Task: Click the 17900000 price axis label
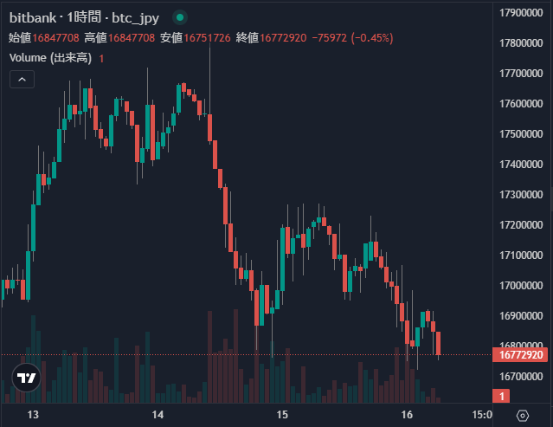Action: point(521,13)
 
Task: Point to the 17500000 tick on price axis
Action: point(521,134)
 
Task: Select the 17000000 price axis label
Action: point(521,285)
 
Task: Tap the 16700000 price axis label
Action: point(521,376)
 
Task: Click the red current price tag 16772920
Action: point(521,354)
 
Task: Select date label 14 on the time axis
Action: point(158,416)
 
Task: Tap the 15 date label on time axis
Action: point(280,416)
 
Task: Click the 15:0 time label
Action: point(480,416)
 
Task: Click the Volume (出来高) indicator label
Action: point(49,58)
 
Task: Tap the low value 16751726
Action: point(207,38)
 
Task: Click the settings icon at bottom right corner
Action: point(522,416)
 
